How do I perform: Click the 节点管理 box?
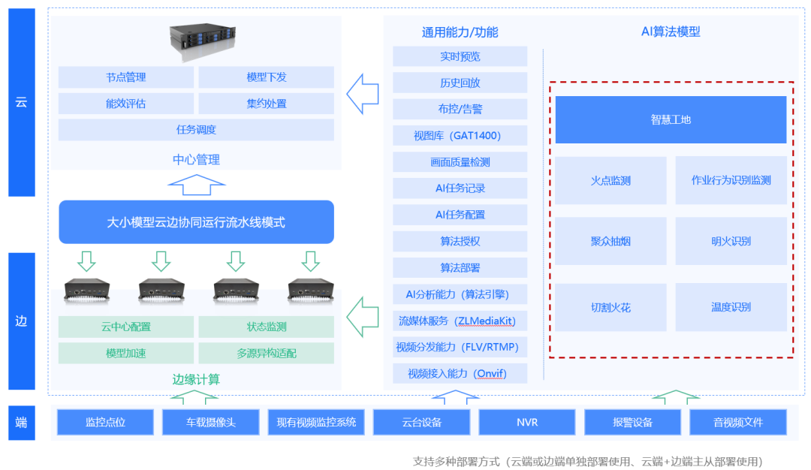point(125,77)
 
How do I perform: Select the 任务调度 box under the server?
point(196,130)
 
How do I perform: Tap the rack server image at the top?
point(196,42)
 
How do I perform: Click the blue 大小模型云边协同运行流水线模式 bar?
point(196,222)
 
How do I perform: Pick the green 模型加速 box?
point(125,353)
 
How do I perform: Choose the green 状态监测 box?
point(266,327)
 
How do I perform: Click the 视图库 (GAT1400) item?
point(460,136)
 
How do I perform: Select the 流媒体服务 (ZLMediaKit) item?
point(460,321)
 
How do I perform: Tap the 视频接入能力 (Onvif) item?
point(460,373)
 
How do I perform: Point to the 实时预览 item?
point(460,56)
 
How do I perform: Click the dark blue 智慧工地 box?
point(671,119)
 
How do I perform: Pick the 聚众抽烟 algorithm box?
point(611,241)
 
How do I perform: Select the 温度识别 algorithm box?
point(731,307)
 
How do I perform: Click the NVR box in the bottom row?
point(527,422)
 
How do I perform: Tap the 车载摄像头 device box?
point(211,422)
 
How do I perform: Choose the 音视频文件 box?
point(738,422)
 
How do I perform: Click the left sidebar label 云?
point(21,102)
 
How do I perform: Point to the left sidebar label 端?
point(21,422)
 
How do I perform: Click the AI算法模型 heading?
point(671,32)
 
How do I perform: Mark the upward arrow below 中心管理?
point(196,184)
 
